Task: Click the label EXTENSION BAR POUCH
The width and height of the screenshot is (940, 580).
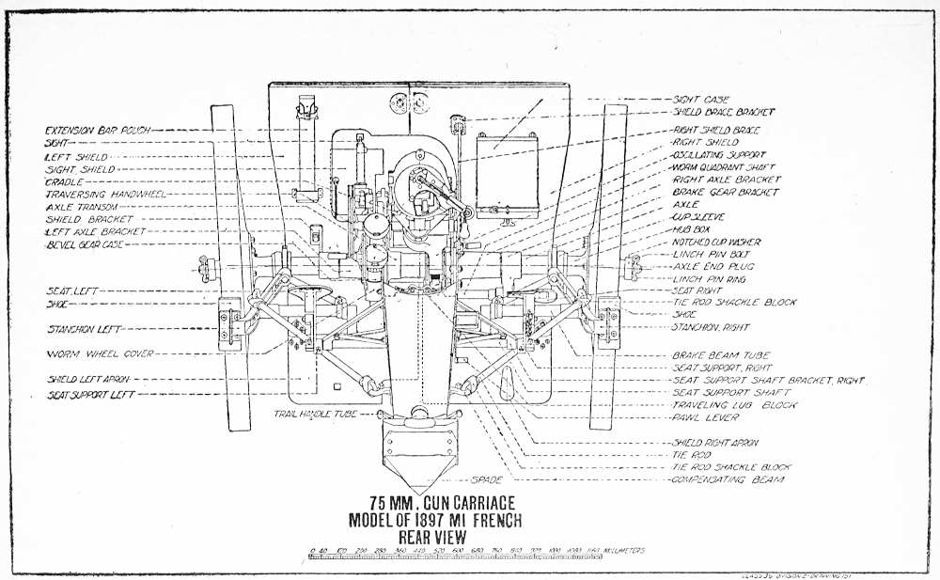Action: (x=97, y=129)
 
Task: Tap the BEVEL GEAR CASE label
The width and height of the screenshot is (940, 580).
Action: (x=86, y=244)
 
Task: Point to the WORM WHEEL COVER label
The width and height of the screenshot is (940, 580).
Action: (x=86, y=353)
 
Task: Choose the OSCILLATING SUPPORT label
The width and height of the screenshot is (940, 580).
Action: (x=719, y=154)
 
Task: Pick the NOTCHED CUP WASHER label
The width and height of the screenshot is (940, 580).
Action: (x=716, y=242)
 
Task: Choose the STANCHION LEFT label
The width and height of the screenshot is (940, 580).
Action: (x=83, y=329)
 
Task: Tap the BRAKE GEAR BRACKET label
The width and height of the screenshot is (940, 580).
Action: (x=726, y=192)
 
